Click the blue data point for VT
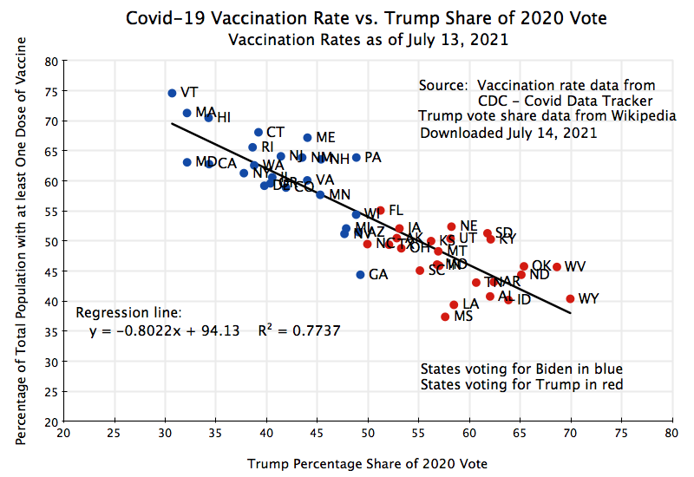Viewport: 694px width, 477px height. pyautogui.click(x=172, y=93)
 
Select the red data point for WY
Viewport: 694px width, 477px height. pyautogui.click(x=570, y=299)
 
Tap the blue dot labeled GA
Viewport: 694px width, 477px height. pyautogui.click(x=360, y=275)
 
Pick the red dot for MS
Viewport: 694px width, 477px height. pyautogui.click(x=445, y=317)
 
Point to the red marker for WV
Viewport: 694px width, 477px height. pyautogui.click(x=557, y=267)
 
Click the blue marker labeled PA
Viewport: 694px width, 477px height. pyautogui.click(x=356, y=158)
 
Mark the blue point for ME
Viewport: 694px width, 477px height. pyautogui.click(x=307, y=138)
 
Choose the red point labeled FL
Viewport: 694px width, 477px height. pyautogui.click(x=380, y=210)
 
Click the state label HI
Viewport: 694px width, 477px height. pyautogui.click(x=223, y=118)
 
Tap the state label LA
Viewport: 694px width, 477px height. pyautogui.click(x=470, y=304)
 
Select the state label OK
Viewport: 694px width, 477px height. pyautogui.click(x=541, y=265)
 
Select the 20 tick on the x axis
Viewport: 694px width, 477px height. pyautogui.click(x=63, y=432)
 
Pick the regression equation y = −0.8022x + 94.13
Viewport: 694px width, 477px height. pyautogui.click(x=165, y=330)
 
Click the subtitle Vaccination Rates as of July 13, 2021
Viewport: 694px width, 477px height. pyautogui.click(x=366, y=39)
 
